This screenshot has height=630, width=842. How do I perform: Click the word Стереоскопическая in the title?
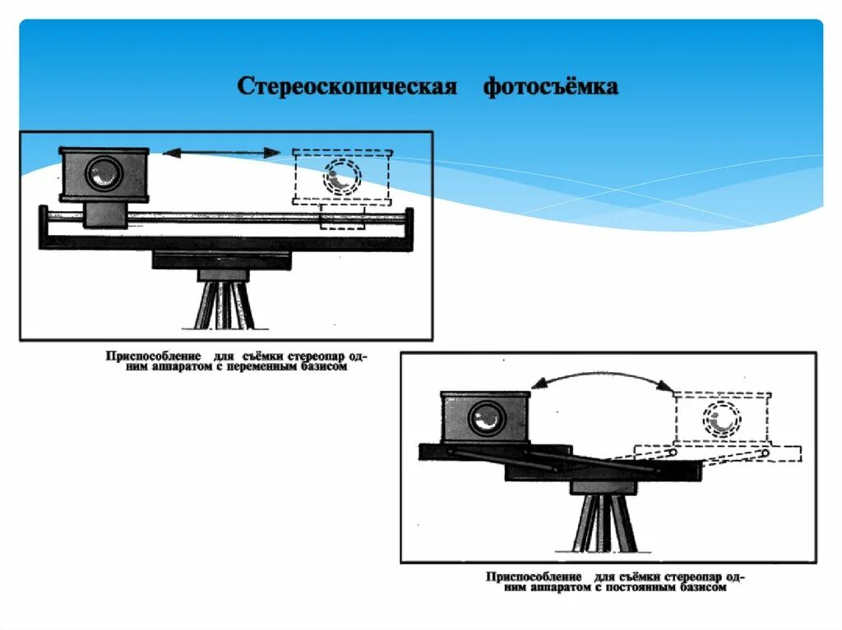pyautogui.click(x=346, y=86)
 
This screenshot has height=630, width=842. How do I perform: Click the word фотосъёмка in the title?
pyautogui.click(x=550, y=86)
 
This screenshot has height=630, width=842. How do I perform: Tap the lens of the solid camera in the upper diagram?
pyautogui.click(x=104, y=172)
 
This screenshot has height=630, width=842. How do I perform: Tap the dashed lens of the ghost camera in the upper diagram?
pyautogui.click(x=341, y=176)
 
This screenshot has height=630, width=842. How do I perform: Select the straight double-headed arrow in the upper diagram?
pyautogui.click(x=222, y=152)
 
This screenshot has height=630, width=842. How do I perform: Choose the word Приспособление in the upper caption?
pyautogui.click(x=154, y=356)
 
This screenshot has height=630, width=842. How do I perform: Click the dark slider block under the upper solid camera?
pyautogui.click(x=104, y=214)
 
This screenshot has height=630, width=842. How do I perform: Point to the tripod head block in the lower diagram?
pyautogui.click(x=604, y=486)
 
